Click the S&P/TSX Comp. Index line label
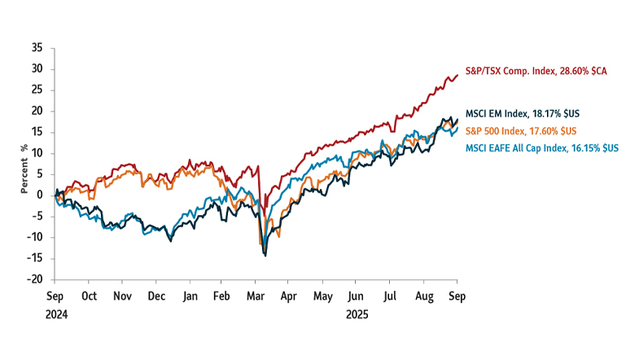pos(536,71)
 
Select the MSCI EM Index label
pos(523,113)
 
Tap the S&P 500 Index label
pos(520,130)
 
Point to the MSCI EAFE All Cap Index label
pos(541,147)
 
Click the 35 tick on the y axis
pos(37,48)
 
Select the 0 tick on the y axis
pos(39,195)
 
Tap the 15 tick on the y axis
pos(37,132)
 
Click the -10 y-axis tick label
pos(35,237)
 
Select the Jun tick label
pos(355,296)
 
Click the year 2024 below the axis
pos(55,313)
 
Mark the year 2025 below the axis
pos(357,313)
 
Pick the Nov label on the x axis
pos(122,296)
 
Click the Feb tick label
pos(221,296)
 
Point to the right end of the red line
pos(457,75)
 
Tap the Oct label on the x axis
pos(89,296)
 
